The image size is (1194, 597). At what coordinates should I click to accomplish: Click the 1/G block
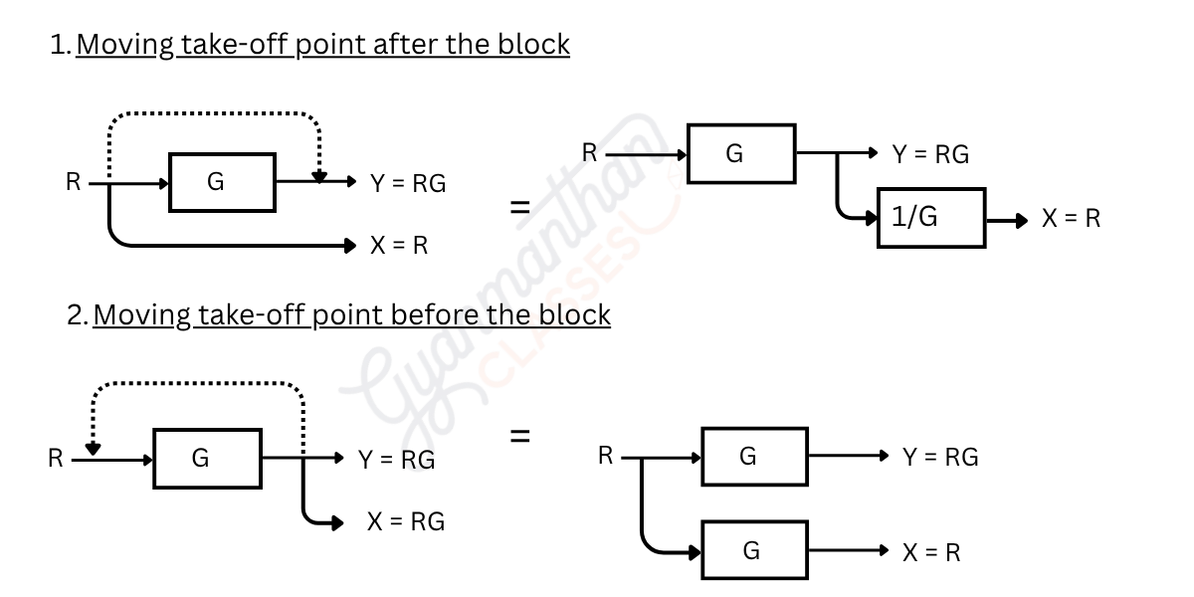point(931,218)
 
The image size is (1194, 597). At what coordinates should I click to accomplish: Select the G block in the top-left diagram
point(222,182)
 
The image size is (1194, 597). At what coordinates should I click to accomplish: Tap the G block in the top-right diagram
point(741,153)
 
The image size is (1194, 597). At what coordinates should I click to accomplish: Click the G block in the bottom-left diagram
point(207,459)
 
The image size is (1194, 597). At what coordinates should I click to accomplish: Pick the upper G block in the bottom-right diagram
point(754,456)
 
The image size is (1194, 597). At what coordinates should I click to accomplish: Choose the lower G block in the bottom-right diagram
point(754,550)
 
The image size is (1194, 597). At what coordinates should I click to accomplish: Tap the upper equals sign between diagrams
point(519,208)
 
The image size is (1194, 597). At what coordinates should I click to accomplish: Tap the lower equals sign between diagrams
point(519,436)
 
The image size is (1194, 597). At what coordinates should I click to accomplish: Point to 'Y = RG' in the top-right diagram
point(930,155)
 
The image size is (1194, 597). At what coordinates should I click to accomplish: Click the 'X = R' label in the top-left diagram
point(398,246)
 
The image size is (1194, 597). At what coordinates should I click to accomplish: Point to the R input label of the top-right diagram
point(589,152)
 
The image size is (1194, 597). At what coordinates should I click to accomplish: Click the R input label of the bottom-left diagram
point(56,459)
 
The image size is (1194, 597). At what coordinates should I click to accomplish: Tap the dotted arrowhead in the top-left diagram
point(318,176)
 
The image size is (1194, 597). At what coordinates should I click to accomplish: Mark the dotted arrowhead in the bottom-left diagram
point(93,449)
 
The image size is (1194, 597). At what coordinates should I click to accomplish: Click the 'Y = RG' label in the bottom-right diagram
point(940,458)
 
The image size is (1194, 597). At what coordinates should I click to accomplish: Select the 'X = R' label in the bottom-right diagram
point(931,553)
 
